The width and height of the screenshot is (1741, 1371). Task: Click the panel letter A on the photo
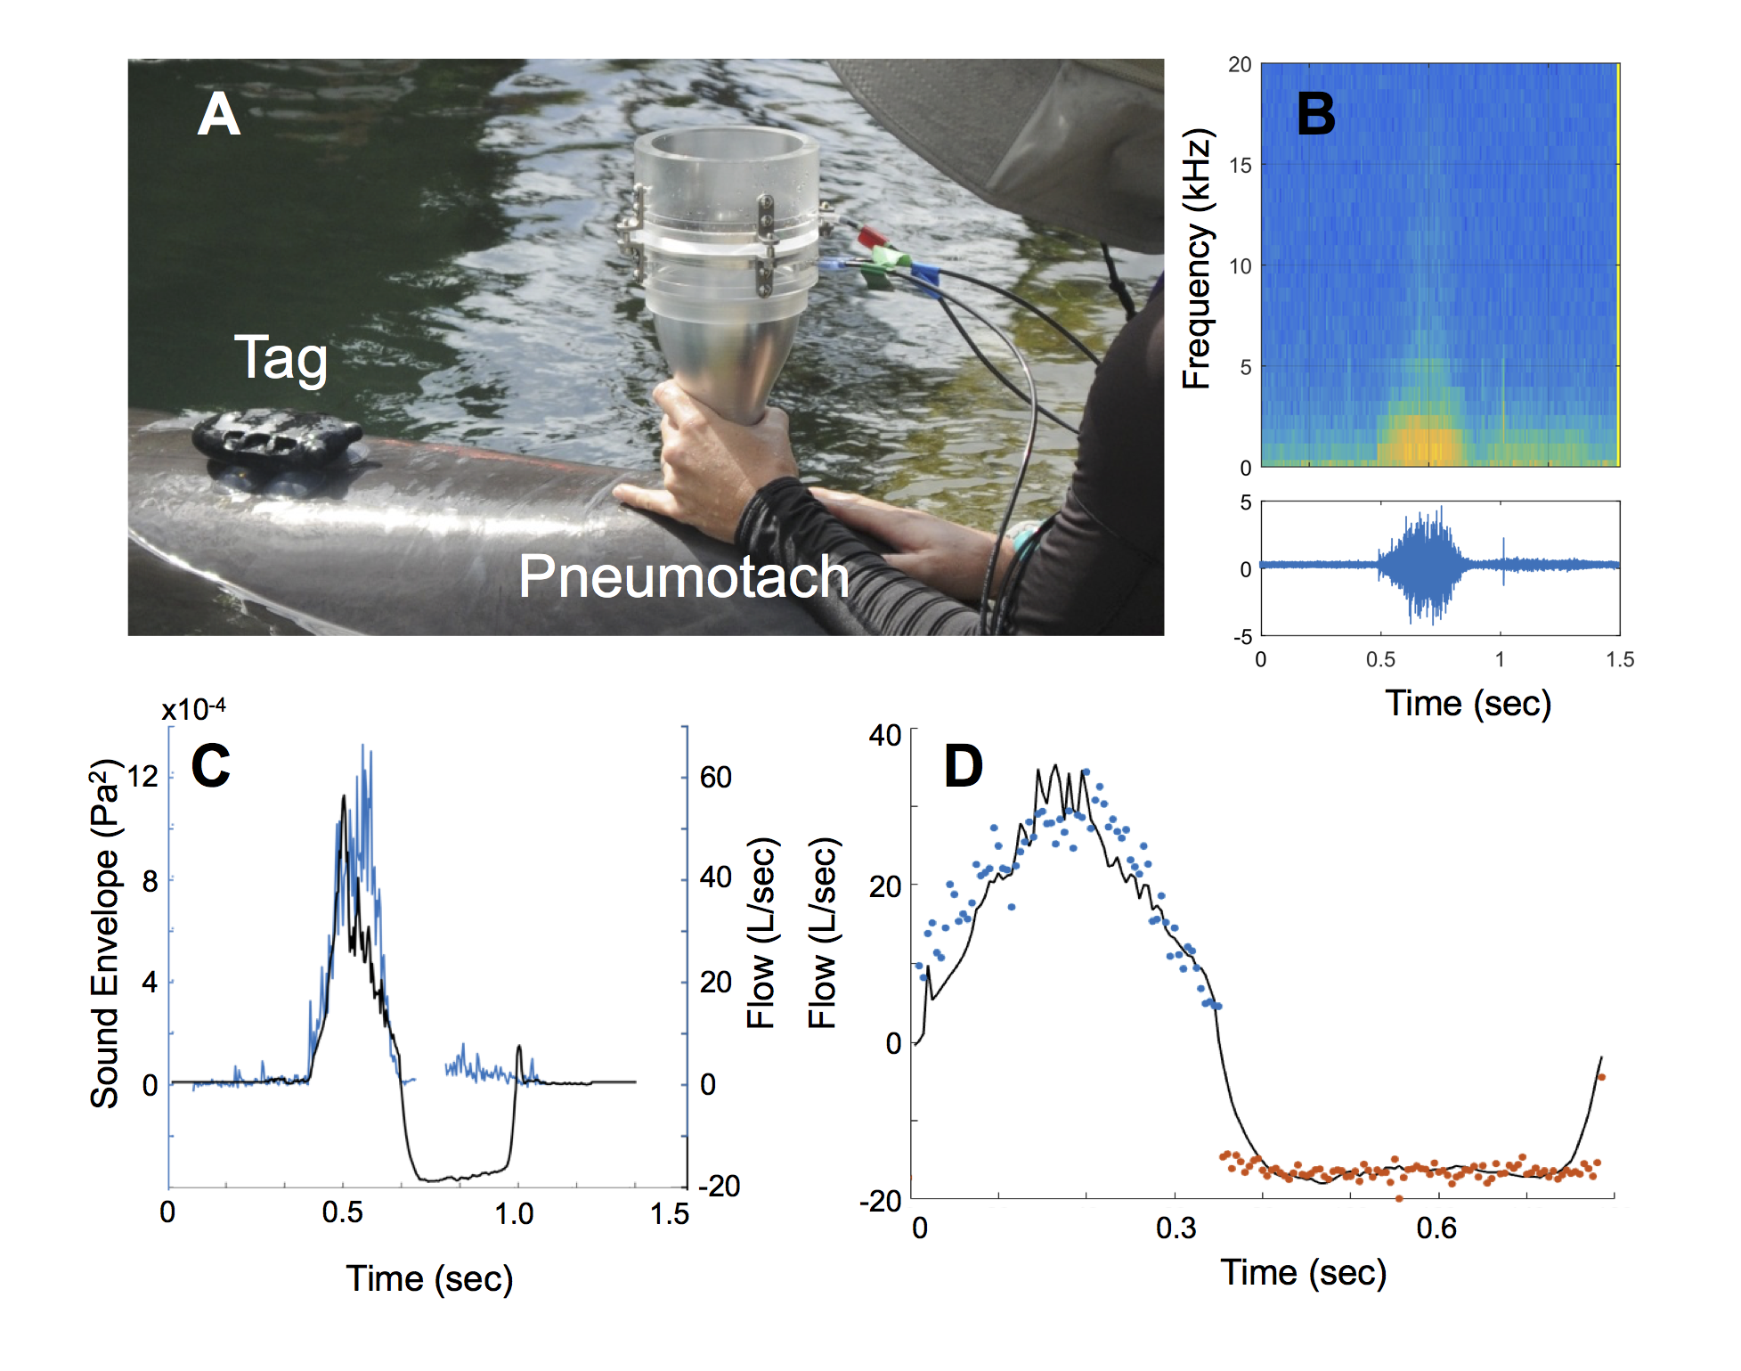point(219,115)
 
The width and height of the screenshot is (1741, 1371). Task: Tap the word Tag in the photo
point(281,358)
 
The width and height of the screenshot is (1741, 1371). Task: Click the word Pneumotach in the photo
point(683,576)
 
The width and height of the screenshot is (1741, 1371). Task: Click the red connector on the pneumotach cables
point(870,237)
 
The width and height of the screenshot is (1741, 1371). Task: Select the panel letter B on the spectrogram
point(1315,115)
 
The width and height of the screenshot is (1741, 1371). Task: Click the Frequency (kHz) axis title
point(1197,259)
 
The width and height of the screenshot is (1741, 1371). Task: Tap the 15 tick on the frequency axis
point(1240,166)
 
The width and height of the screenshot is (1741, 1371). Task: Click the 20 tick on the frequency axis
point(1240,65)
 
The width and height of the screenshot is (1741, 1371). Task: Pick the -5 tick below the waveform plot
point(1242,637)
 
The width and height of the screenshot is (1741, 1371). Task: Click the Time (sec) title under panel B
point(1468,704)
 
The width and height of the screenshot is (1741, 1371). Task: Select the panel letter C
point(211,766)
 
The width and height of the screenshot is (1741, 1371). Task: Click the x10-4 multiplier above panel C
point(193,710)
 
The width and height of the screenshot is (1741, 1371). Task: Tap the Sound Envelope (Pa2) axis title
point(105,933)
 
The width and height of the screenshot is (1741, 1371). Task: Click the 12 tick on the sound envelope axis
point(142,777)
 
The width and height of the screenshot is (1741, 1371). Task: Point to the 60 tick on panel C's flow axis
point(715,778)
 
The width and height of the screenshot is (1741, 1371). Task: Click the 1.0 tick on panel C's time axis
point(514,1213)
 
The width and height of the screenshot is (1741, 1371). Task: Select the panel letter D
point(963,766)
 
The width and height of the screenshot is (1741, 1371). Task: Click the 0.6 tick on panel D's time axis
point(1436,1228)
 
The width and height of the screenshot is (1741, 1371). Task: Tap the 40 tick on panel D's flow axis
point(885,736)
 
